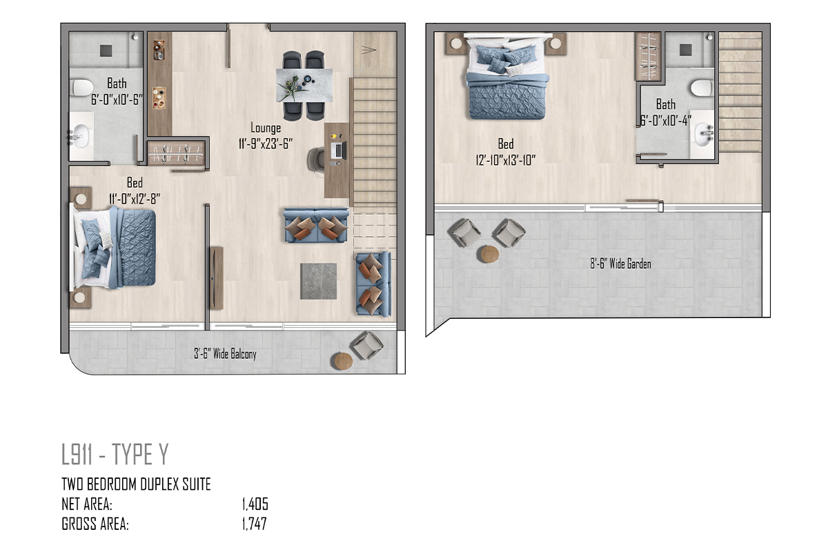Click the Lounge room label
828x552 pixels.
coord(266,128)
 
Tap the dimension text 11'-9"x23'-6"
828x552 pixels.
coord(266,144)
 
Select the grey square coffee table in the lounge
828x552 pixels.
coord(318,281)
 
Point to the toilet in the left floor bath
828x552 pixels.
coord(81,88)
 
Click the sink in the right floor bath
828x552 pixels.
coord(704,135)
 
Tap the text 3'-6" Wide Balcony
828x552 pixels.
coord(225,354)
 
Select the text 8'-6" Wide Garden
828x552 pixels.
coord(620,264)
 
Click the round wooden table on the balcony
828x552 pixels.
coord(344,361)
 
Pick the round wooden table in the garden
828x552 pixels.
coord(489,254)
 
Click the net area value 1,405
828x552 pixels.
coord(255,504)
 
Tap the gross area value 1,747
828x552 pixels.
coord(255,524)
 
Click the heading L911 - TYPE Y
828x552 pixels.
coord(115,454)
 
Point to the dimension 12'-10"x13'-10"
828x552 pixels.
coord(505,160)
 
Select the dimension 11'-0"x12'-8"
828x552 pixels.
coord(135,199)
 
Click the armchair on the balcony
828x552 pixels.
coord(366,345)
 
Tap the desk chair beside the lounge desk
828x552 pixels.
coord(316,159)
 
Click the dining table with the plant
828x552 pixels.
coord(304,86)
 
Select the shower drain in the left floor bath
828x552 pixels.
coord(106,50)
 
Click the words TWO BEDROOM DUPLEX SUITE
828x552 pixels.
coord(136,484)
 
